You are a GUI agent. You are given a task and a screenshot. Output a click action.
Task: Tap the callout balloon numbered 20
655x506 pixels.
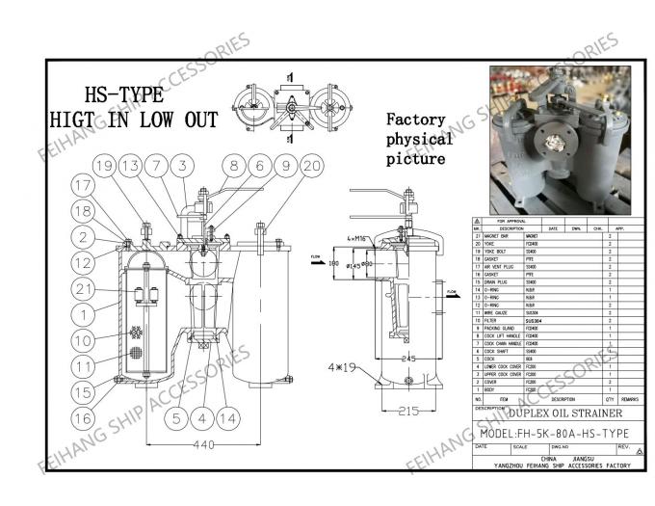(x=312, y=165)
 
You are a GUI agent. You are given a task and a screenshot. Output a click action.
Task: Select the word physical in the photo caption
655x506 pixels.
(x=417, y=140)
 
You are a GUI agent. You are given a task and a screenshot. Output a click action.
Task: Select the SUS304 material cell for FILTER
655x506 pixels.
(x=532, y=320)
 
